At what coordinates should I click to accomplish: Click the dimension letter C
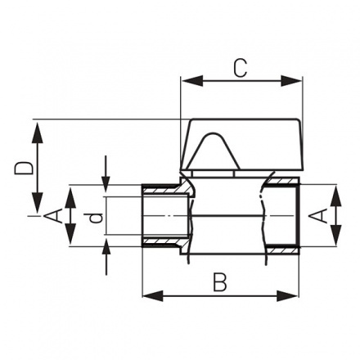pyautogui.click(x=238, y=69)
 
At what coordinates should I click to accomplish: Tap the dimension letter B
pyautogui.click(x=218, y=282)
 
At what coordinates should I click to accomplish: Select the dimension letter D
pyautogui.click(x=25, y=169)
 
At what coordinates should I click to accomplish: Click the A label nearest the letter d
pyautogui.click(x=52, y=216)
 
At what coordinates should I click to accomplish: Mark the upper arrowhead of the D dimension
pyautogui.click(x=37, y=125)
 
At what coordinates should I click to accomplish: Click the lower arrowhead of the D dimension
pyautogui.click(x=37, y=208)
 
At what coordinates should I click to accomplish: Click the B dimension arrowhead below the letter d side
pyautogui.click(x=149, y=293)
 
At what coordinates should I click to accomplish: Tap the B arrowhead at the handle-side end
pyautogui.click(x=292, y=293)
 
